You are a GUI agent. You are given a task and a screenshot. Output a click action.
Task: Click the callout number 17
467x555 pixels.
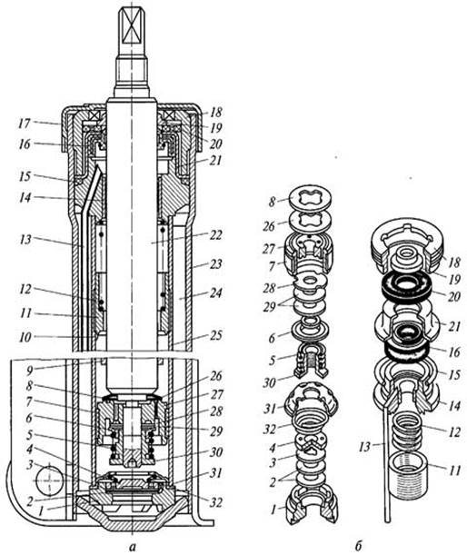pos(25,124)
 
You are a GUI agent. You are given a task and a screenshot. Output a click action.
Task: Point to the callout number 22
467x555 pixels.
pos(216,235)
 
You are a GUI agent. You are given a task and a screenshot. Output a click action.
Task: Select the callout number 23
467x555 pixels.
pos(215,264)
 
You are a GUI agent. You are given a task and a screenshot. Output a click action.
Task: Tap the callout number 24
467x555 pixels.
pos(215,293)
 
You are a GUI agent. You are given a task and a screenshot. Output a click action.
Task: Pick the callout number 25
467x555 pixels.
pos(215,335)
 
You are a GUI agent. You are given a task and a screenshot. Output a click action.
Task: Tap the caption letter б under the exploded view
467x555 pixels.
pos(358,545)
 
